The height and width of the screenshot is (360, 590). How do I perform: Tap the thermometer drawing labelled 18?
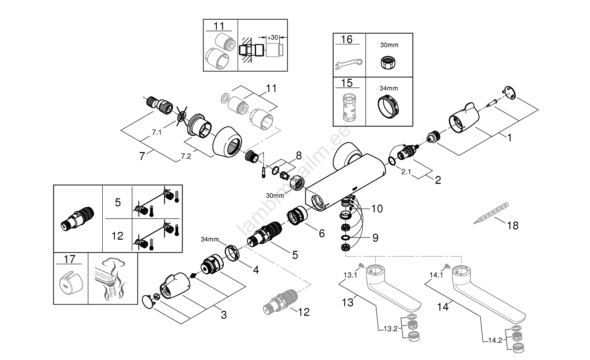coord(490,213)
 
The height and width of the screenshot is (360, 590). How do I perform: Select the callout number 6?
coord(322,233)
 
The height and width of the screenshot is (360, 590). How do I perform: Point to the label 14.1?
coord(436,275)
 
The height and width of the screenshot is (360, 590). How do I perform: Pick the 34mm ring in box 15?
coord(389,106)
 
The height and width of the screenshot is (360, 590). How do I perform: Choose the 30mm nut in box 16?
coord(389,62)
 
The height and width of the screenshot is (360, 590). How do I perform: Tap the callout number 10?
coord(376,209)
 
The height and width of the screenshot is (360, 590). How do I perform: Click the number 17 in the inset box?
coord(70,259)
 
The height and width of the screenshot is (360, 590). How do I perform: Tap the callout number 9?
coord(375,238)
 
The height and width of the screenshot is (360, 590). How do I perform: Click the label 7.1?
coord(157,132)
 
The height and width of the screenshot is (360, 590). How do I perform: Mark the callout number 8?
coord(299,156)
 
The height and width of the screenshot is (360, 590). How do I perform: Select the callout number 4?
coord(256,270)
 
